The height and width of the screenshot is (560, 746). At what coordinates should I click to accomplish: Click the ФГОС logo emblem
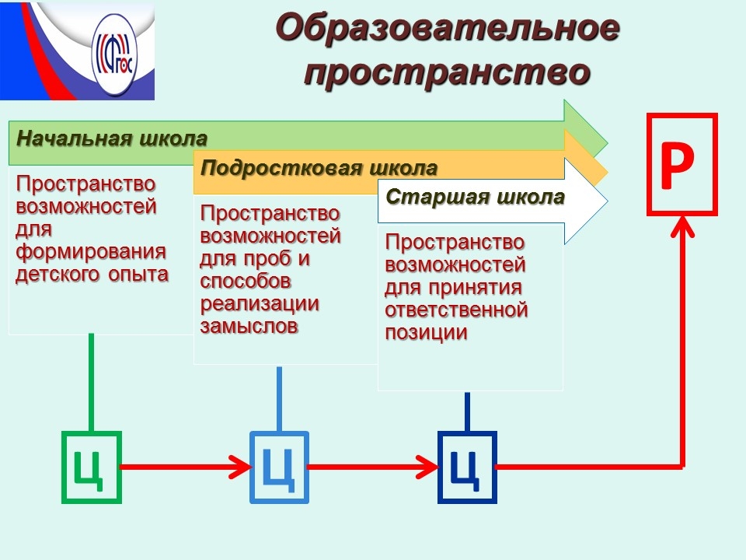[x=114, y=54]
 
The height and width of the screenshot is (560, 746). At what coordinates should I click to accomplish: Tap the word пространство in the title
[x=448, y=72]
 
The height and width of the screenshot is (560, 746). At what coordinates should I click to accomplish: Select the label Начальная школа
[x=112, y=138]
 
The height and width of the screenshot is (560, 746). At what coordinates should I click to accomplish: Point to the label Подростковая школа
[x=319, y=168]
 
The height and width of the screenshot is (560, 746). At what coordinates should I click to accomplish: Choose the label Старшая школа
[x=475, y=197]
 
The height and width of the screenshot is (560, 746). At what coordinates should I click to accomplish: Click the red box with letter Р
[x=682, y=164]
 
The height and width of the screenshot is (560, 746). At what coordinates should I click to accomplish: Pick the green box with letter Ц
[x=92, y=467]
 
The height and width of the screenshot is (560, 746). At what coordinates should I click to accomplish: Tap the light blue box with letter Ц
[x=279, y=467]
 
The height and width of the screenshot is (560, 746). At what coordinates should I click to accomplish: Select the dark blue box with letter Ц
[x=467, y=467]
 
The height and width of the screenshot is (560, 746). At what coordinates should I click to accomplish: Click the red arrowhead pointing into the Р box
[x=682, y=226]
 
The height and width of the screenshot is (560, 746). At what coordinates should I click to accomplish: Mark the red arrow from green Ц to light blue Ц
[x=186, y=467]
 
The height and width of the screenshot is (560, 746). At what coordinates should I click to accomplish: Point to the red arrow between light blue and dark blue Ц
[x=374, y=467]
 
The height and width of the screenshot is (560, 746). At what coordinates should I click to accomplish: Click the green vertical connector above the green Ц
[x=92, y=383]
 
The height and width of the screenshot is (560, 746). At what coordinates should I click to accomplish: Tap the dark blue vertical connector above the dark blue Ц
[x=467, y=412]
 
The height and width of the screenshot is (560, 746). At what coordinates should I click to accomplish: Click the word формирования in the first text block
[x=91, y=252]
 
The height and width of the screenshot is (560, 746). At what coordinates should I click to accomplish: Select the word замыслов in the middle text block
[x=249, y=326]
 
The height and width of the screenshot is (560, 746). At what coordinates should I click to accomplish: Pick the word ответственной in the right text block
[x=457, y=310]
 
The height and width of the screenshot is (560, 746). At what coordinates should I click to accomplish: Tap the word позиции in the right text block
[x=427, y=332]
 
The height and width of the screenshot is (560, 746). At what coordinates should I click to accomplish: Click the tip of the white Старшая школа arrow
[x=608, y=201]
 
